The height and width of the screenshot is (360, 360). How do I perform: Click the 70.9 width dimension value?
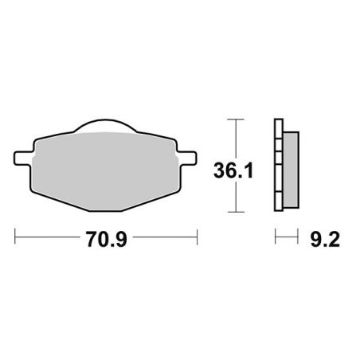[106, 237]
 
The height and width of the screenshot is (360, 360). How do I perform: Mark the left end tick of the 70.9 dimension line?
[16, 237]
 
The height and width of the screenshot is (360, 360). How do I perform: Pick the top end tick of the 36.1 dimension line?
[232, 119]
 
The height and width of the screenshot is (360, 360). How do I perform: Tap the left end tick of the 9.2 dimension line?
[275, 237]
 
